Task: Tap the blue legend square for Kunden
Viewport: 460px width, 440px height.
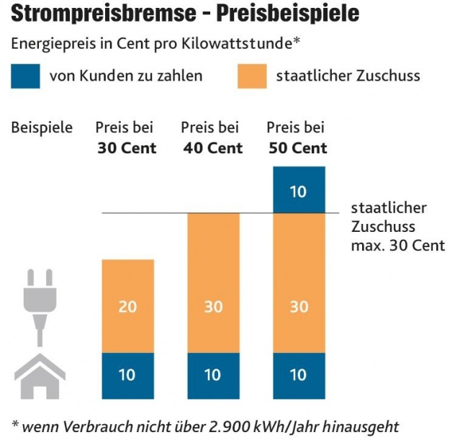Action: click(x=26, y=75)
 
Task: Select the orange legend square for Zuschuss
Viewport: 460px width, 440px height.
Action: click(x=253, y=75)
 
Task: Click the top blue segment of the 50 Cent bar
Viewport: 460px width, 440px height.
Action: click(x=299, y=189)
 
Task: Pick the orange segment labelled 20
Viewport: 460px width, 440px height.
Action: click(x=127, y=306)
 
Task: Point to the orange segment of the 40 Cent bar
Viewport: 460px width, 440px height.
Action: click(x=213, y=282)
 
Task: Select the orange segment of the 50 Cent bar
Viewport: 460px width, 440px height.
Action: click(x=299, y=282)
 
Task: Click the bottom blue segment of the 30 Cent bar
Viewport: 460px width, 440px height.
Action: click(x=127, y=374)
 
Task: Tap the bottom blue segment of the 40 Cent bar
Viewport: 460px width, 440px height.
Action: click(x=213, y=374)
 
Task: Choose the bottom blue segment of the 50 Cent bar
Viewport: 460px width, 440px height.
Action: click(x=299, y=374)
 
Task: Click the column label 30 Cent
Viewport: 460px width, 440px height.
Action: click(x=127, y=149)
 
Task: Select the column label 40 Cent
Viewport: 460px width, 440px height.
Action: click(x=212, y=149)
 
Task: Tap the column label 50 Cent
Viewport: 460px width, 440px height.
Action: click(x=298, y=149)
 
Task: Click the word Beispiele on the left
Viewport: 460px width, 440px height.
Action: click(x=42, y=128)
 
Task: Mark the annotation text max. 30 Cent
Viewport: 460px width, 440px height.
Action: click(x=398, y=246)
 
